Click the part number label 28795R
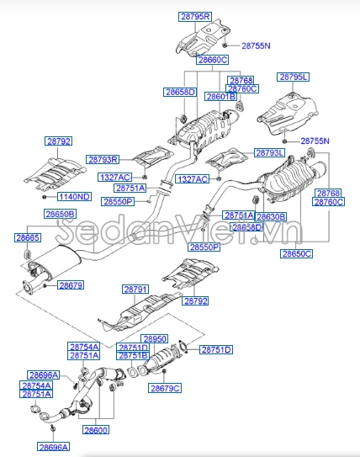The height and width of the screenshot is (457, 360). click(196, 16)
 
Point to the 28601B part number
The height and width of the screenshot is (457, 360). click(221, 97)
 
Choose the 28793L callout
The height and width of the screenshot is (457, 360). click(270, 152)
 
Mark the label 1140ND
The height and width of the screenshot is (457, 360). click(73, 196)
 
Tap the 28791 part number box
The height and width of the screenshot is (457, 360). click(135, 290)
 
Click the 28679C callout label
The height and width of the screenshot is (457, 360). click(165, 388)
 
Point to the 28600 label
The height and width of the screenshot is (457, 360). click(96, 430)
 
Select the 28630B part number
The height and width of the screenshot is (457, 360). click(271, 216)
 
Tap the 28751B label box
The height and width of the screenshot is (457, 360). click(133, 356)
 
